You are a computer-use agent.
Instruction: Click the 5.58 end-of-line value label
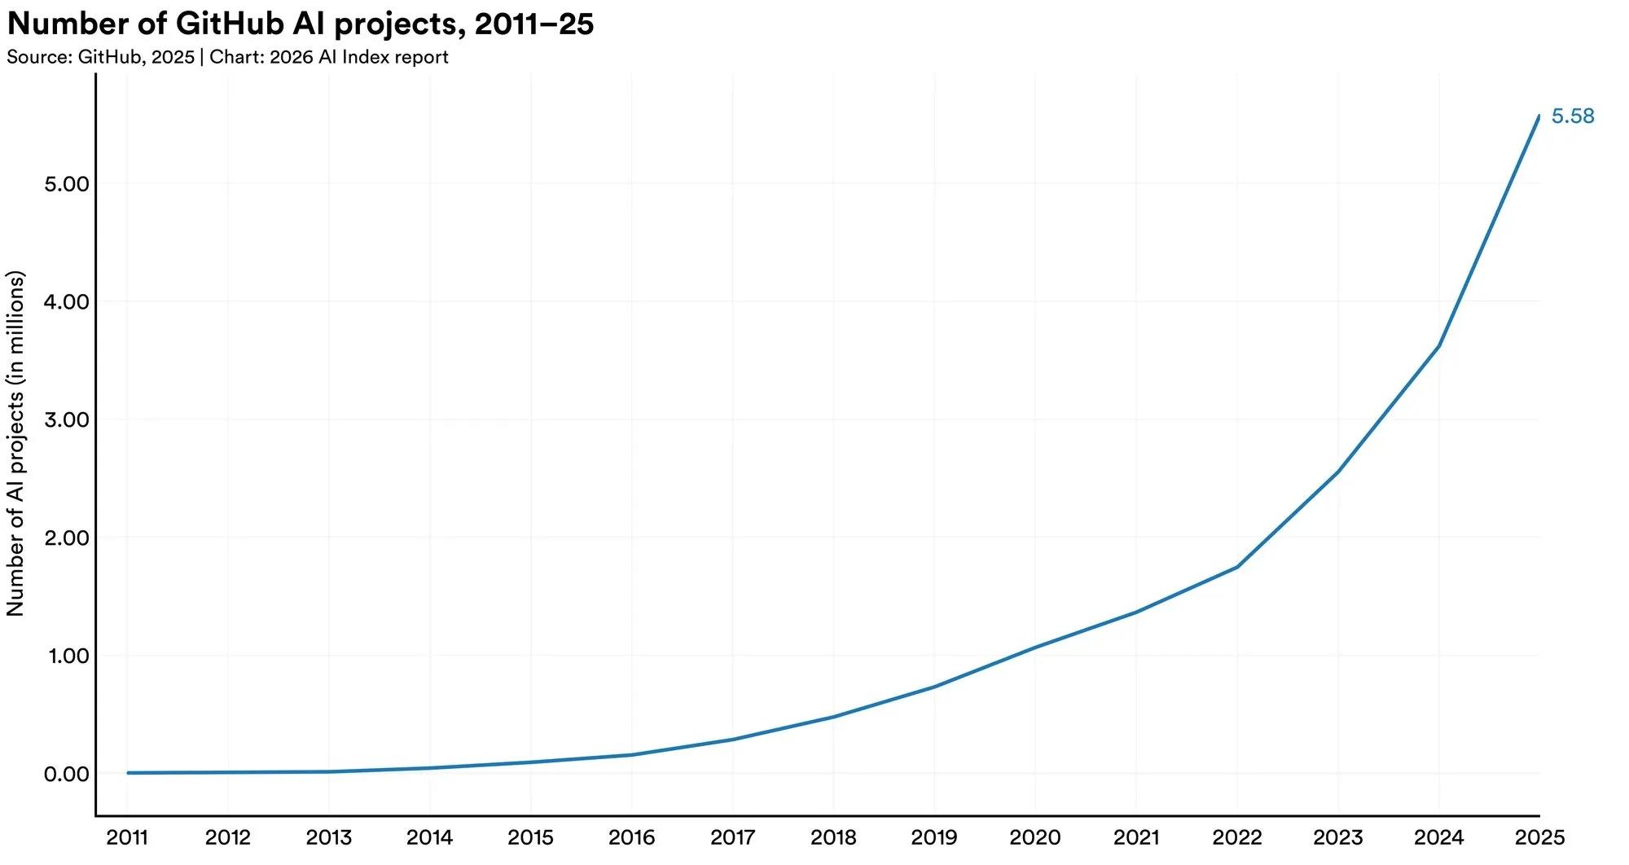1573,116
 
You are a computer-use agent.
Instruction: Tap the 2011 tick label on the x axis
127,837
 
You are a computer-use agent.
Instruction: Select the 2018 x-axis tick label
833,837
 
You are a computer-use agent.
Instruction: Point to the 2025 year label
1539,837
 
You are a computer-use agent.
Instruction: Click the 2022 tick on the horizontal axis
1237,837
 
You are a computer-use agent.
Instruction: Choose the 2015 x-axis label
530,837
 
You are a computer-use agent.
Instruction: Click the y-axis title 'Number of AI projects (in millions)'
15,443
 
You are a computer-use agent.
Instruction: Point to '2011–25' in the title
534,24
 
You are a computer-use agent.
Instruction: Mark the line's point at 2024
1439,346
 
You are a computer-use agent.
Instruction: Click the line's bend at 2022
1237,566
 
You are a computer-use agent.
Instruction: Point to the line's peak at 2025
1539,116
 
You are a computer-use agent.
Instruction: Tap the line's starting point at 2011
128,773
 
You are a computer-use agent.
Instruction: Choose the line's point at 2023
1338,472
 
